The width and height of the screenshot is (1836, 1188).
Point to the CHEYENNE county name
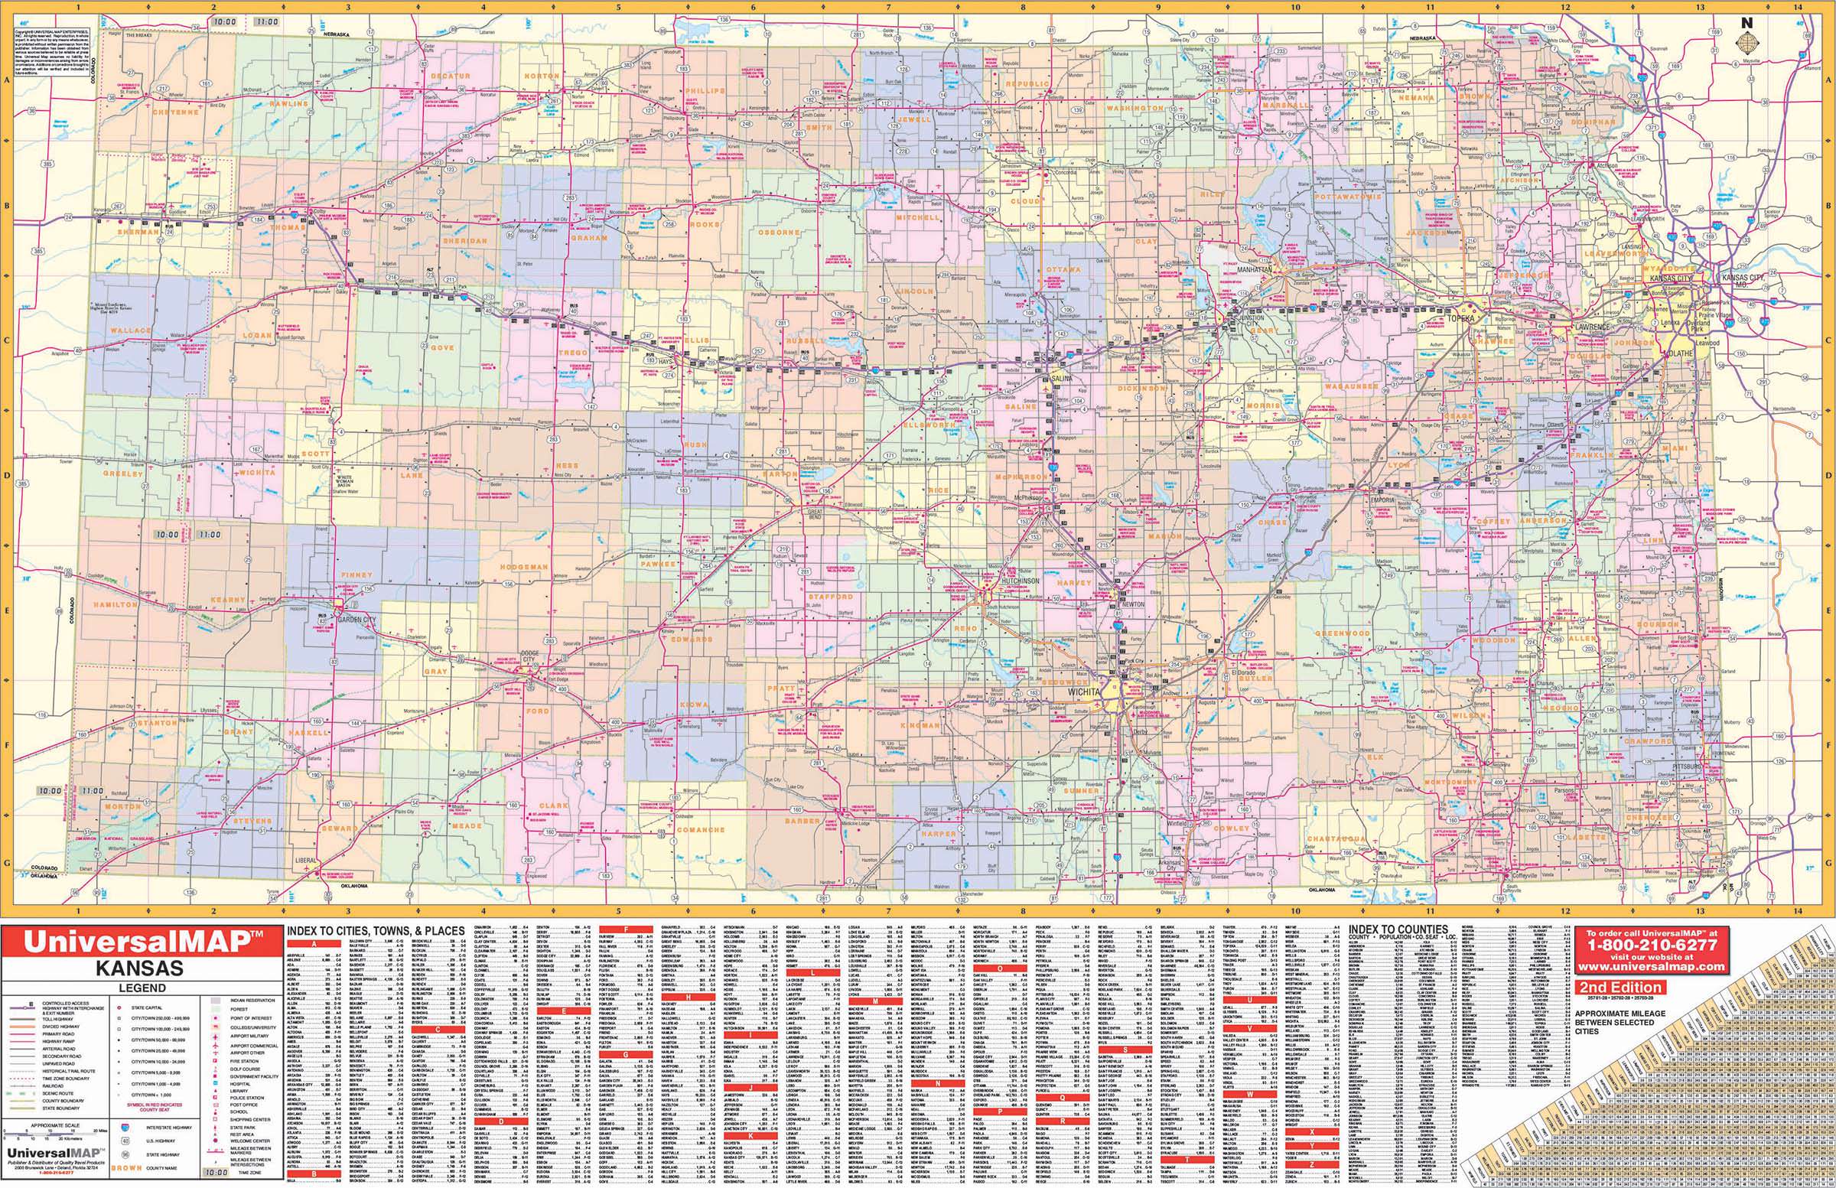(175, 112)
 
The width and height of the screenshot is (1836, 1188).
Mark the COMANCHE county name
(701, 830)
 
